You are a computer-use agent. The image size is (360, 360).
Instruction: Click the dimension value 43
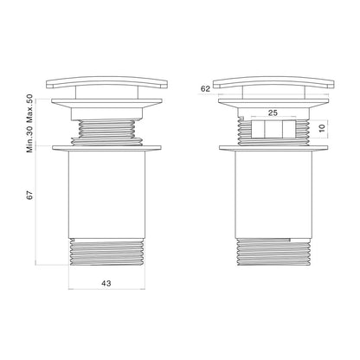(x=106, y=283)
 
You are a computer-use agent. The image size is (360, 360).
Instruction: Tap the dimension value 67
(x=30, y=195)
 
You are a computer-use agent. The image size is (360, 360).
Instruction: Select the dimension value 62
(x=205, y=89)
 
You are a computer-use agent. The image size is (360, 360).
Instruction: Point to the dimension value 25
(x=273, y=112)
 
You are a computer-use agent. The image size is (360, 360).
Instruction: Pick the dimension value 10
(x=322, y=127)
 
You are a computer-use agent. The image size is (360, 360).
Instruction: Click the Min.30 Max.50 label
(x=30, y=123)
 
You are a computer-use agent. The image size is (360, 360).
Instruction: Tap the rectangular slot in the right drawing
(x=273, y=129)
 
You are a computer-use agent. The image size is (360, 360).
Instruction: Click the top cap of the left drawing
(x=106, y=82)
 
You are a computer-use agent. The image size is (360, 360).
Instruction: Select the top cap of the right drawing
(x=273, y=82)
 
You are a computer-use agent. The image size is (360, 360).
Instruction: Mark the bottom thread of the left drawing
(x=107, y=252)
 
